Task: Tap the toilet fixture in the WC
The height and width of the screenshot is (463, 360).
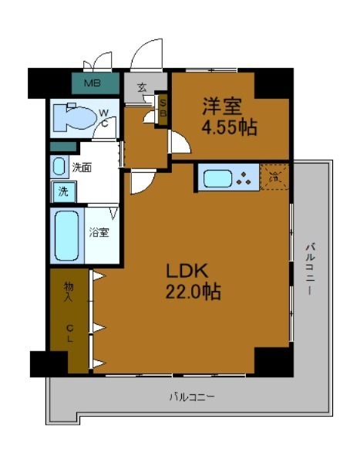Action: point(71,118)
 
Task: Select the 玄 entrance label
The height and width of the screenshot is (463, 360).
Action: point(142,86)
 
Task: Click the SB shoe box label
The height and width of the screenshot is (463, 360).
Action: point(162,106)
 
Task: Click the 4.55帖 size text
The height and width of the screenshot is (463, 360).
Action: point(229,127)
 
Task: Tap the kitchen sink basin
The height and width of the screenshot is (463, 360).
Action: point(217,179)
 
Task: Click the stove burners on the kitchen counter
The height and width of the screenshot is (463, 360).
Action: point(245,179)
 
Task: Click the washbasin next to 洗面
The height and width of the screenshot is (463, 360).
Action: point(60,167)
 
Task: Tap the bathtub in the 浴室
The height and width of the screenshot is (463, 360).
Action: point(67,235)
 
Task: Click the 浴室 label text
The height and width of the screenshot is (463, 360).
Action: point(98,231)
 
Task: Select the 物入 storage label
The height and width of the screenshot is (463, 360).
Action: point(68,291)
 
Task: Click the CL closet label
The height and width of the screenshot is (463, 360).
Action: point(69,332)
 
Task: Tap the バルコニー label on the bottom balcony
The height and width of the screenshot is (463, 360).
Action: point(193,397)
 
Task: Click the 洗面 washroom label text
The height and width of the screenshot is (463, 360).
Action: point(82,167)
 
